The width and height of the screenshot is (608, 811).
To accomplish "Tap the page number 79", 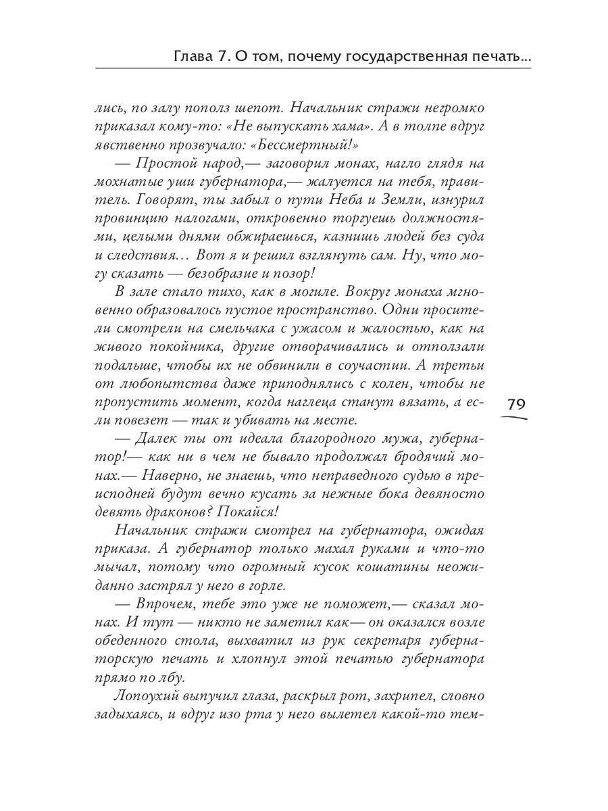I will pyautogui.click(x=516, y=405).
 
